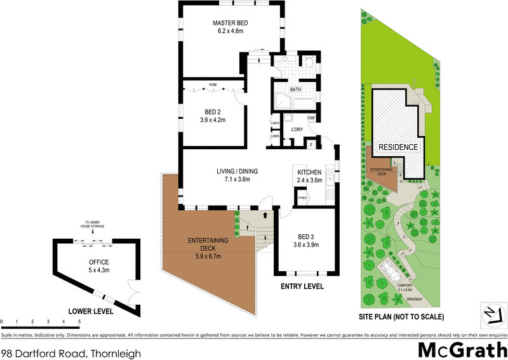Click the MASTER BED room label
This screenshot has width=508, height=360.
pyautogui.click(x=230, y=23)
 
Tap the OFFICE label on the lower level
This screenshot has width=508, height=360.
pyautogui.click(x=99, y=262)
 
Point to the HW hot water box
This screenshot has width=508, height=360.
pyautogui.click(x=311, y=119)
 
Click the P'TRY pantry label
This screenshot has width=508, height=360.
pyautogui.click(x=302, y=197)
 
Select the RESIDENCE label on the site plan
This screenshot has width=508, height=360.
pyautogui.click(x=398, y=147)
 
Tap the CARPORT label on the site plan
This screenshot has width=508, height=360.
pyautogui.click(x=405, y=285)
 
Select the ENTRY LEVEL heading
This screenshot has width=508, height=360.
pyautogui.click(x=302, y=287)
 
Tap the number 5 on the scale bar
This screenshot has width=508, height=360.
pyautogui.click(x=79, y=323)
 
